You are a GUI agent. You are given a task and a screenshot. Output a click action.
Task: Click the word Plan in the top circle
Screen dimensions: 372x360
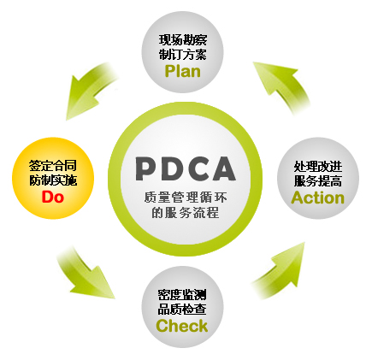(x=183, y=71)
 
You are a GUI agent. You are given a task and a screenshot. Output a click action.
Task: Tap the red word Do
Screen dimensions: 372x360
(x=53, y=197)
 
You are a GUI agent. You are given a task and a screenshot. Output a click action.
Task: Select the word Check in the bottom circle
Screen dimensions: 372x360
(x=182, y=326)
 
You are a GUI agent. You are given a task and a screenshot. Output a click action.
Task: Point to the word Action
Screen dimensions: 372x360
(x=318, y=198)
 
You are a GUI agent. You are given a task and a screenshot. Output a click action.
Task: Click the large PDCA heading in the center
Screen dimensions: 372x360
(x=186, y=168)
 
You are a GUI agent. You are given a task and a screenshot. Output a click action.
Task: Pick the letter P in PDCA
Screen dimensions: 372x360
(x=146, y=168)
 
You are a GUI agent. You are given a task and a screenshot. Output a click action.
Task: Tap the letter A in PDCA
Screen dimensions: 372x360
(x=223, y=168)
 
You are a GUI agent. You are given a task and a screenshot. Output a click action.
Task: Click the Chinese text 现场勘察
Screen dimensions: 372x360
(x=183, y=40)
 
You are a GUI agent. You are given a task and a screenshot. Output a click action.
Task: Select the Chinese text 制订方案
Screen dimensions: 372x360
(x=183, y=54)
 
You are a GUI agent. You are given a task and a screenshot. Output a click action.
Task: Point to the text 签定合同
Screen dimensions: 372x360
(x=53, y=166)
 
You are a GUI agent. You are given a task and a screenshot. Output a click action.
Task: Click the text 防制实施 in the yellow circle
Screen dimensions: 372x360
(x=53, y=180)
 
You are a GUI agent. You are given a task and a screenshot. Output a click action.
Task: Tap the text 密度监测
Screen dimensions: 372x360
(x=182, y=295)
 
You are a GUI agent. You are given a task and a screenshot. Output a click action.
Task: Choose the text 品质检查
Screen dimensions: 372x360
(x=182, y=310)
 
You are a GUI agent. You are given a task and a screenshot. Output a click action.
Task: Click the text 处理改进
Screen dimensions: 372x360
(x=318, y=166)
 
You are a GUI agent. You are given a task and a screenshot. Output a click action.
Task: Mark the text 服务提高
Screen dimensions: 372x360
(x=318, y=180)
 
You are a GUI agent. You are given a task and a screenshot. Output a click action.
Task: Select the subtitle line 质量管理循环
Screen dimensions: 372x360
(x=186, y=198)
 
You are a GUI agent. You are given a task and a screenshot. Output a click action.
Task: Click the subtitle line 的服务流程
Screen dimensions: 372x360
(x=186, y=212)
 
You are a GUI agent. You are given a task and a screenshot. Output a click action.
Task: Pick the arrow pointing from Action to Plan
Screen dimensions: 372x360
(x=282, y=86)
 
